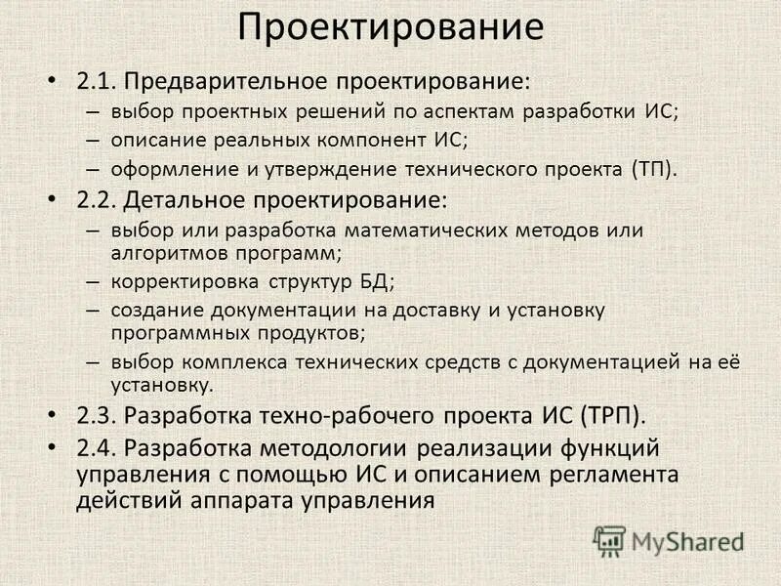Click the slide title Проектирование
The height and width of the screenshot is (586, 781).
(390, 26)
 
